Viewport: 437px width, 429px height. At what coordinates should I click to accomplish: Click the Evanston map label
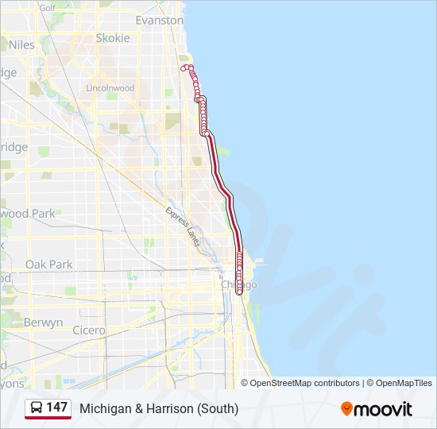pyautogui.click(x=159, y=20)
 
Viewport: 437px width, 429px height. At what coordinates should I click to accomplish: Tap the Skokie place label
pyautogui.click(x=112, y=38)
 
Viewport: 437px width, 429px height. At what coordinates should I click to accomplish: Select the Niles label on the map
pyautogui.click(x=21, y=45)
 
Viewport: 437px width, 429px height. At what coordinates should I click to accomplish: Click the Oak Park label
pyautogui.click(x=48, y=265)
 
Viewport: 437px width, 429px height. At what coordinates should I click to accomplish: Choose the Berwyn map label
pyautogui.click(x=43, y=323)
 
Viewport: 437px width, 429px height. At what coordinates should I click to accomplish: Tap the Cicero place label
pyautogui.click(x=88, y=330)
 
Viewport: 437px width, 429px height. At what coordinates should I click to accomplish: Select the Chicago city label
pyautogui.click(x=238, y=284)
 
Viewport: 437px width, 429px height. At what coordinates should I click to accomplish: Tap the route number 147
pyautogui.click(x=57, y=408)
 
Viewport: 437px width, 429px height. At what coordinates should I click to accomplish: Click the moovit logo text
pyautogui.click(x=384, y=409)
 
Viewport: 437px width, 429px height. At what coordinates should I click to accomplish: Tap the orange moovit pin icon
pyautogui.click(x=346, y=409)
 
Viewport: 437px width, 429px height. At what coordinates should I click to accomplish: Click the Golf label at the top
pyautogui.click(x=47, y=8)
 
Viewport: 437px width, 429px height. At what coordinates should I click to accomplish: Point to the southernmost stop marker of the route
pyautogui.click(x=239, y=292)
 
